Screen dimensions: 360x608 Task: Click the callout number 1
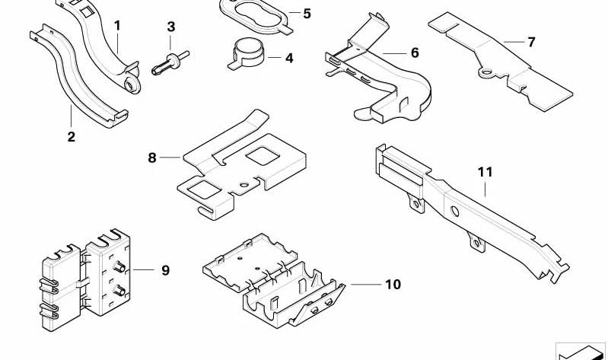point(117,26)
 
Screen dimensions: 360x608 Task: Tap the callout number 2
point(71,137)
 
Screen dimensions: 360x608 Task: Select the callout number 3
point(171,27)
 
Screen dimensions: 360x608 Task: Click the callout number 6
point(414,53)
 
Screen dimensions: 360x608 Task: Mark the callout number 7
point(531,42)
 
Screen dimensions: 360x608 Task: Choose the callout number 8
point(152,158)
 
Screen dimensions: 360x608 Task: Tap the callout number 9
point(165,269)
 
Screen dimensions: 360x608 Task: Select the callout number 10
point(392,285)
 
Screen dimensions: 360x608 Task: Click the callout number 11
point(485,172)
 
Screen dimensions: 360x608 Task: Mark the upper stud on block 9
point(120,267)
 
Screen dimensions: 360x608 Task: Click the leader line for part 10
point(365,284)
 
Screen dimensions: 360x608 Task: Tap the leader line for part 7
point(513,41)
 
